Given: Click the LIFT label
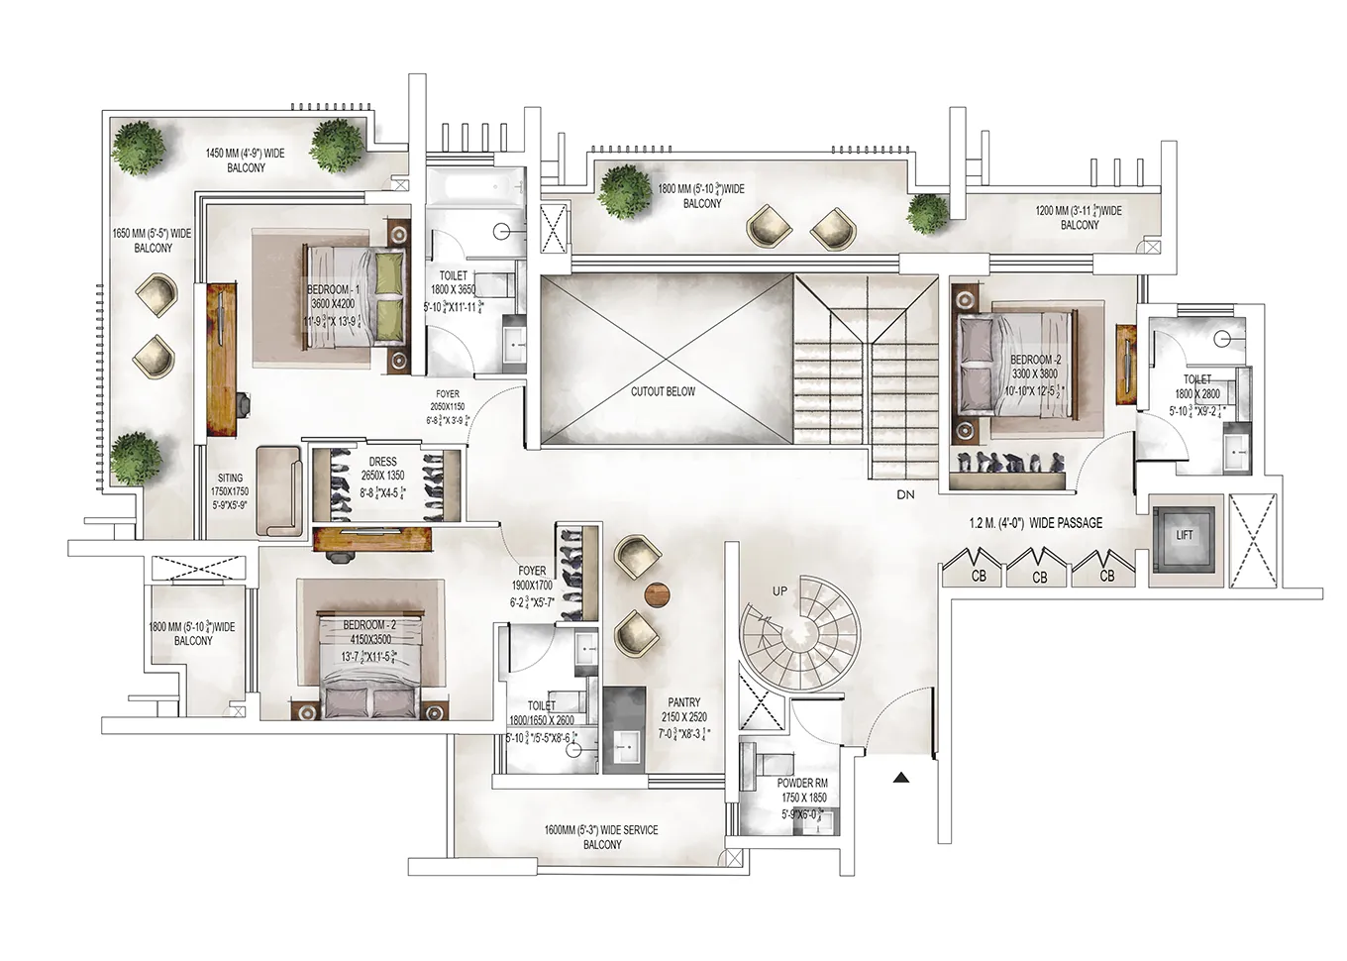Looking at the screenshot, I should [1184, 535].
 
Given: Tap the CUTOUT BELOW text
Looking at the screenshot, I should [663, 391].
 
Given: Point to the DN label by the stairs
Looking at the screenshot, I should [905, 494].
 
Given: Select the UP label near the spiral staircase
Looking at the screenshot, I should [779, 591].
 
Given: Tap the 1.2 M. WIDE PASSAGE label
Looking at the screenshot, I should [1035, 523].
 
